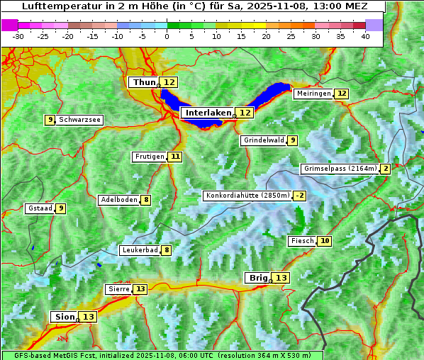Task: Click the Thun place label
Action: pyautogui.click(x=144, y=83)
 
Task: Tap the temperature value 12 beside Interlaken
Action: pyautogui.click(x=245, y=113)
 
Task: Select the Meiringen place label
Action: pyautogui.click(x=313, y=94)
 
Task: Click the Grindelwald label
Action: pyautogui.click(x=263, y=140)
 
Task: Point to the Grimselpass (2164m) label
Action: pyautogui.click(x=340, y=169)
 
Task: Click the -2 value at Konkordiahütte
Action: pyautogui.click(x=300, y=196)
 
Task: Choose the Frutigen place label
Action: pyautogui.click(x=150, y=157)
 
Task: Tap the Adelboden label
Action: pyautogui.click(x=118, y=200)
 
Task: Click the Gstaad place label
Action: pyautogui.click(x=39, y=208)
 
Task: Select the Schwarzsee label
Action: pyautogui.click(x=79, y=120)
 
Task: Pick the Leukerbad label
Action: pyautogui.click(x=139, y=250)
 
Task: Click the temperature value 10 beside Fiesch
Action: pyautogui.click(x=325, y=241)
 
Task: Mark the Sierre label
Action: pyautogui.click(x=118, y=289)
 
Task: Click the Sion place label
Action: pyautogui.click(x=64, y=317)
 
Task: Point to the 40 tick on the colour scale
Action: pyautogui.click(x=365, y=36)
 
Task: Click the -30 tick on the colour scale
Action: pyautogui.click(x=18, y=36)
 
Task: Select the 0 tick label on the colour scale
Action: pyautogui.click(x=167, y=36)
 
